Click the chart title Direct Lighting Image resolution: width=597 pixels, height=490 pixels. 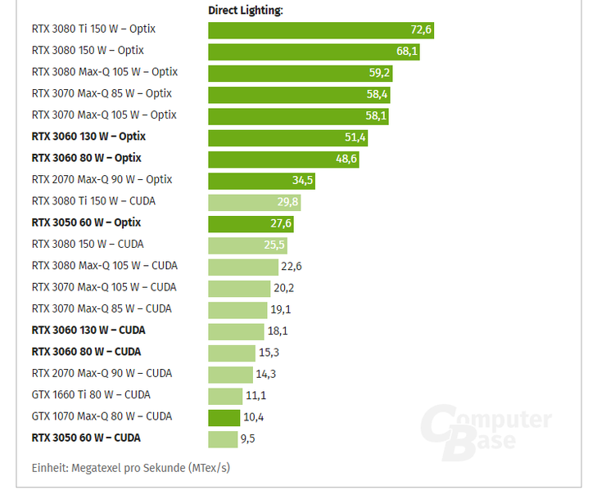[246, 11]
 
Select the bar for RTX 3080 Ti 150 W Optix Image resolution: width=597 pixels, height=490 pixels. [320, 30]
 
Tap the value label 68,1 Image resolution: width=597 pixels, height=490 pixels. [407, 52]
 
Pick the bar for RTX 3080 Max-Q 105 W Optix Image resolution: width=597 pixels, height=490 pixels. [300, 73]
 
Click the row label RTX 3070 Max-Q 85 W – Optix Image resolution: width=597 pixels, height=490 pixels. [102, 93]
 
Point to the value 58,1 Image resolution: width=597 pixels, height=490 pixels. [377, 116]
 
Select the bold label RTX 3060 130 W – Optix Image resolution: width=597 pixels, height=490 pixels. [88, 137]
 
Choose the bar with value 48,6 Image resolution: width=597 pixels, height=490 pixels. [283, 159]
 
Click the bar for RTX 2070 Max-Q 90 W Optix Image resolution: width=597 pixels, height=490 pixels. [261, 181]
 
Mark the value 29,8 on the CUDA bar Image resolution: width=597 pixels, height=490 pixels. [287, 202]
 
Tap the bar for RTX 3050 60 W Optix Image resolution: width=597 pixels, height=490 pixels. [251, 223]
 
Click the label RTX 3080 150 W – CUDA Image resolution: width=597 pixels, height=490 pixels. [88, 244]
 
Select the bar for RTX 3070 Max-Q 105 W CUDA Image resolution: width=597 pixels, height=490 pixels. [239, 288]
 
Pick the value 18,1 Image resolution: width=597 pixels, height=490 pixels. [278, 330]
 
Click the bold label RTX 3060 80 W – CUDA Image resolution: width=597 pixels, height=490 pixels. [86, 352]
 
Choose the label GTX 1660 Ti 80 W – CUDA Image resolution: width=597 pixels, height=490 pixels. [91, 394]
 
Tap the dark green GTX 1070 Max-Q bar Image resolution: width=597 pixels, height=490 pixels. [224, 417]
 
